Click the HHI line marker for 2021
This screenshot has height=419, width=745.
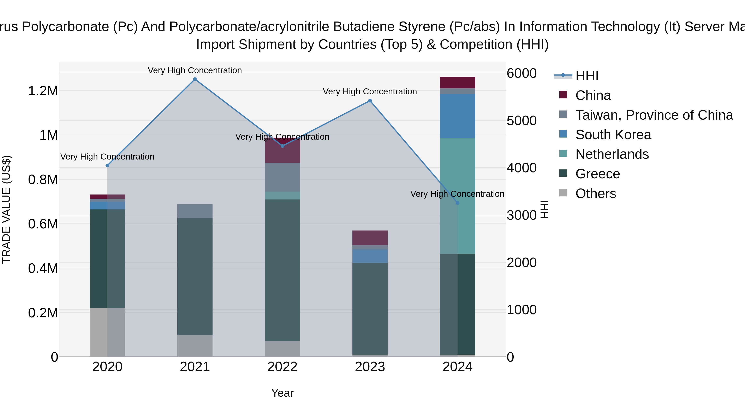coord(195,79)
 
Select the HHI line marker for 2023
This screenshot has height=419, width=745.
coord(370,101)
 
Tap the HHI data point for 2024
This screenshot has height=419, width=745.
coord(457,203)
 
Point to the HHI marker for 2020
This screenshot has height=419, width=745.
coord(107,165)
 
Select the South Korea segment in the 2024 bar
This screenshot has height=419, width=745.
coord(457,116)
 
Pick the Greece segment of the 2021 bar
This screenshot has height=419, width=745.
coord(195,276)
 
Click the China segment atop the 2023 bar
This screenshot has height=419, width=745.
coord(370,238)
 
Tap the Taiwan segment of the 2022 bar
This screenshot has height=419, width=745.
coord(282,177)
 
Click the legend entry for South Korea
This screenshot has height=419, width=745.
coord(613,135)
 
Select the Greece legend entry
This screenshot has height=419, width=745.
coord(597,174)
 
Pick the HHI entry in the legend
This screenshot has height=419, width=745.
coord(586,76)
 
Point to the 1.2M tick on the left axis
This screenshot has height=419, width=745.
coord(43,91)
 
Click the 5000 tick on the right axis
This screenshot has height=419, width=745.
coord(521,121)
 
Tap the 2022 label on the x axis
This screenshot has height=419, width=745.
coord(282,367)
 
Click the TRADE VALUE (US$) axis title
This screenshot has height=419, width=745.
coord(6,209)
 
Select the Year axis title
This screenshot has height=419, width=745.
coord(282,393)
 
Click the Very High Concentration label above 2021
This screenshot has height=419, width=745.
coord(195,70)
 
